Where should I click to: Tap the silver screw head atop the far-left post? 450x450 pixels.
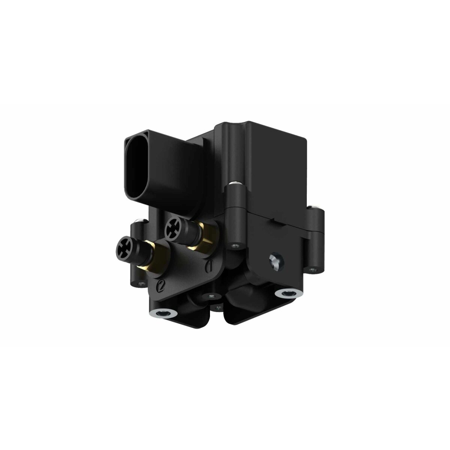click(x=139, y=221)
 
